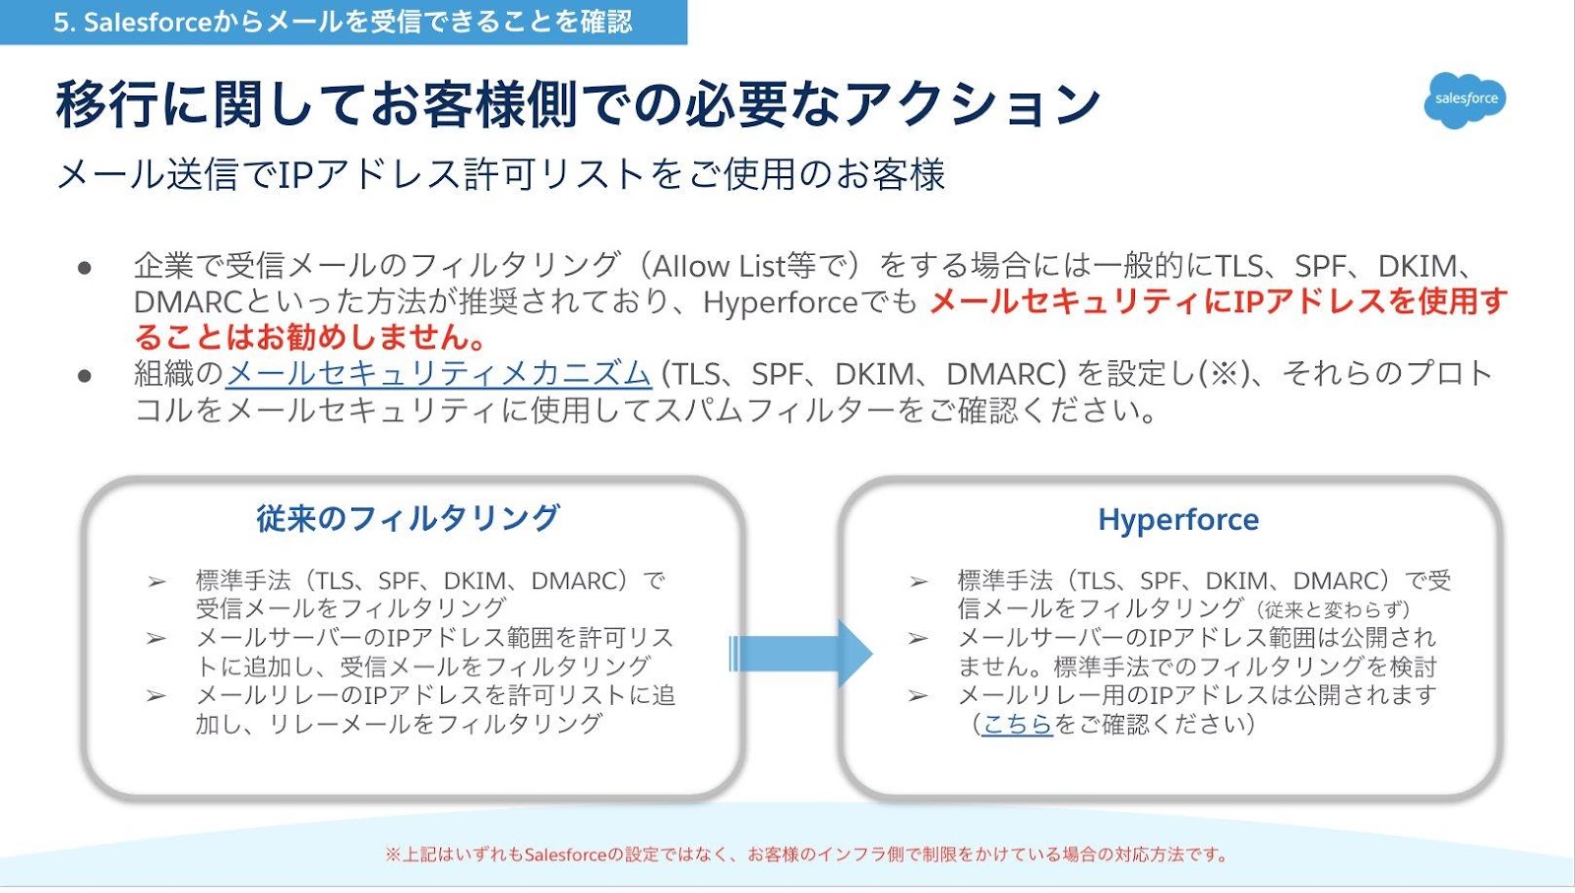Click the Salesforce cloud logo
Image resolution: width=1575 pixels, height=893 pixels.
pyautogui.click(x=1465, y=99)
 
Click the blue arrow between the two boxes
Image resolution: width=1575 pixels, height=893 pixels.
pyautogui.click(x=801, y=653)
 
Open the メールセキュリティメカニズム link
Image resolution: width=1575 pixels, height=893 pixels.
pyautogui.click(x=438, y=374)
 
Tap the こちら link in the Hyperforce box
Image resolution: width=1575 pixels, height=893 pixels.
pyautogui.click(x=1017, y=725)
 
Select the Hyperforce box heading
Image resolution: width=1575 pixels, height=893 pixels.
pyautogui.click(x=1178, y=520)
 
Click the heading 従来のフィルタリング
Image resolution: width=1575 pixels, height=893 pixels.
pyautogui.click(x=408, y=518)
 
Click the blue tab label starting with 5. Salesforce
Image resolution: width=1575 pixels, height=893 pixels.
pyautogui.click(x=343, y=22)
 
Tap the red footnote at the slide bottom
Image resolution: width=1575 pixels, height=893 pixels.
pyautogui.click(x=807, y=855)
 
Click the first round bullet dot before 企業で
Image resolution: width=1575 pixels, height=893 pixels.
pyautogui.click(x=85, y=267)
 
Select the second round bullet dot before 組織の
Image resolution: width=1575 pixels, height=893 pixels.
pyautogui.click(x=85, y=375)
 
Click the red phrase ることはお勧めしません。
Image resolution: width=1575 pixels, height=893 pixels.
pyautogui.click(x=311, y=338)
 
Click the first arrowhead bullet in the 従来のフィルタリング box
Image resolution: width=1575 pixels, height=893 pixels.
pyautogui.click(x=157, y=582)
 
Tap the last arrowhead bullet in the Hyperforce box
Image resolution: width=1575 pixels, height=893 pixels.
pyautogui.click(x=918, y=696)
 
